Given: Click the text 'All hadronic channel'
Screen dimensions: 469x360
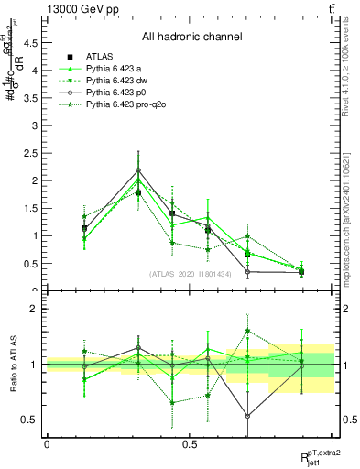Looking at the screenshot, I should pyautogui.click(x=191, y=37).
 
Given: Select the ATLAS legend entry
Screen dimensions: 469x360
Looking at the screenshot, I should pyautogui.click(x=101, y=58).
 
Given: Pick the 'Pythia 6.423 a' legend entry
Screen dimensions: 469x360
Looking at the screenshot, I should pyautogui.click(x=114, y=70).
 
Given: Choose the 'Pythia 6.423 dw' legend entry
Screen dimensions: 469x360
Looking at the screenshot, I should pyautogui.click(x=116, y=82).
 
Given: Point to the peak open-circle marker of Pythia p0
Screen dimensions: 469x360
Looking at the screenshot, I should pyautogui.click(x=138, y=169).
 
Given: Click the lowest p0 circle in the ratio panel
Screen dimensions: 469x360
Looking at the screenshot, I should pyautogui.click(x=248, y=416).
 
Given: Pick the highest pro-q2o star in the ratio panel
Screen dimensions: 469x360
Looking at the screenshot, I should pyautogui.click(x=248, y=331).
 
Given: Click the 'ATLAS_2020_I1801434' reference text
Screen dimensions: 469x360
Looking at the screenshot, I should pyautogui.click(x=190, y=274).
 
